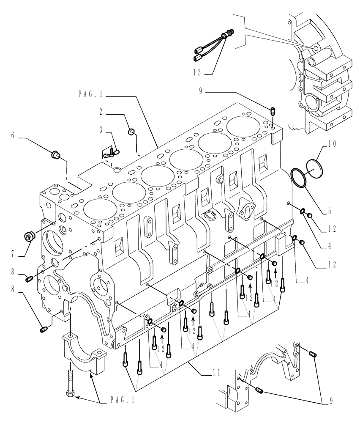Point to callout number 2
(102, 113)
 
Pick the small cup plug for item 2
(131, 132)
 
